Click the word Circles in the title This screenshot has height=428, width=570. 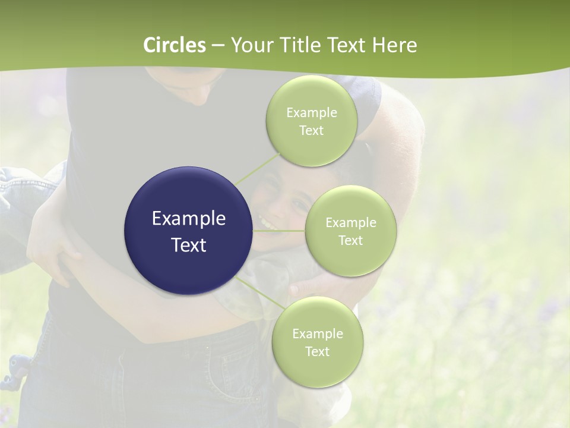point(175,45)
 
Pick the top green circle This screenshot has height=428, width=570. point(312,121)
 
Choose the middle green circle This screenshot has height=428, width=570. point(351,231)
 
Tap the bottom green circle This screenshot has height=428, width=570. point(317,342)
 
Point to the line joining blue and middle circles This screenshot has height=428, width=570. point(279,231)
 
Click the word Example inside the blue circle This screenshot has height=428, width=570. point(189,219)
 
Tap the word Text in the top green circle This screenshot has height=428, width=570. point(312,131)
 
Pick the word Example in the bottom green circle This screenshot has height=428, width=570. point(317,333)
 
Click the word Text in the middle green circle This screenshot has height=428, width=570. point(351,241)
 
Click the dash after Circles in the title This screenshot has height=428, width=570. point(217,46)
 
